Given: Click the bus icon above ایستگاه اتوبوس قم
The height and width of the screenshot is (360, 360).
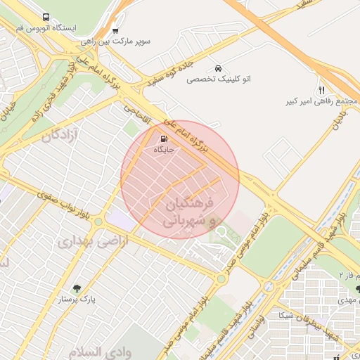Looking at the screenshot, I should click(46, 18).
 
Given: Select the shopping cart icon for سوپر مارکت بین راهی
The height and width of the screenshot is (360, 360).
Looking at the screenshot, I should click(115, 31).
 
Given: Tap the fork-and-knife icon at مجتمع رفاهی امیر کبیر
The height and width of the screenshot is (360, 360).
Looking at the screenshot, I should click(321, 90).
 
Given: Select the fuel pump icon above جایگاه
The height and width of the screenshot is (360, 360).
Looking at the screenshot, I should click(164, 139).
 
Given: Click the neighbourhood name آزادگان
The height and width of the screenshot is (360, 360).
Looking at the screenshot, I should click(61, 134).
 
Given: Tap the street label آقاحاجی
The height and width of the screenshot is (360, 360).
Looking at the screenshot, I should click(136, 111).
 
